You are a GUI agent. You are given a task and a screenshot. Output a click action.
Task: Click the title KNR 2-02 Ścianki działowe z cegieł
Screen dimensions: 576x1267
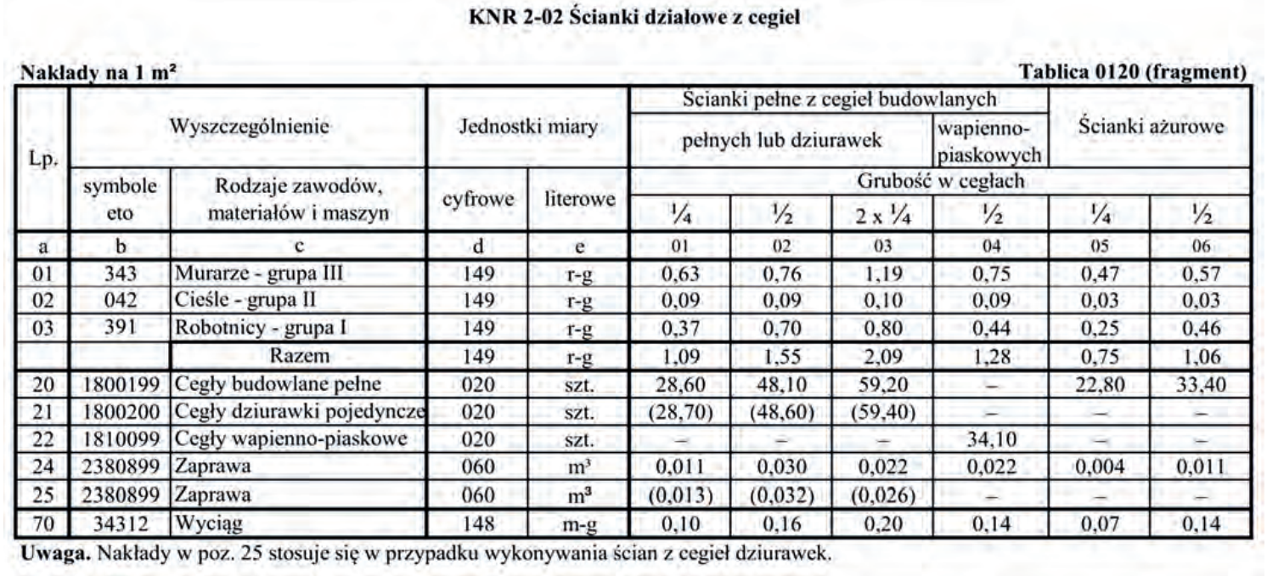pos(633,16)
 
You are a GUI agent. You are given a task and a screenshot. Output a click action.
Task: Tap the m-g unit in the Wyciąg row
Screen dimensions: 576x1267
pos(577,523)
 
